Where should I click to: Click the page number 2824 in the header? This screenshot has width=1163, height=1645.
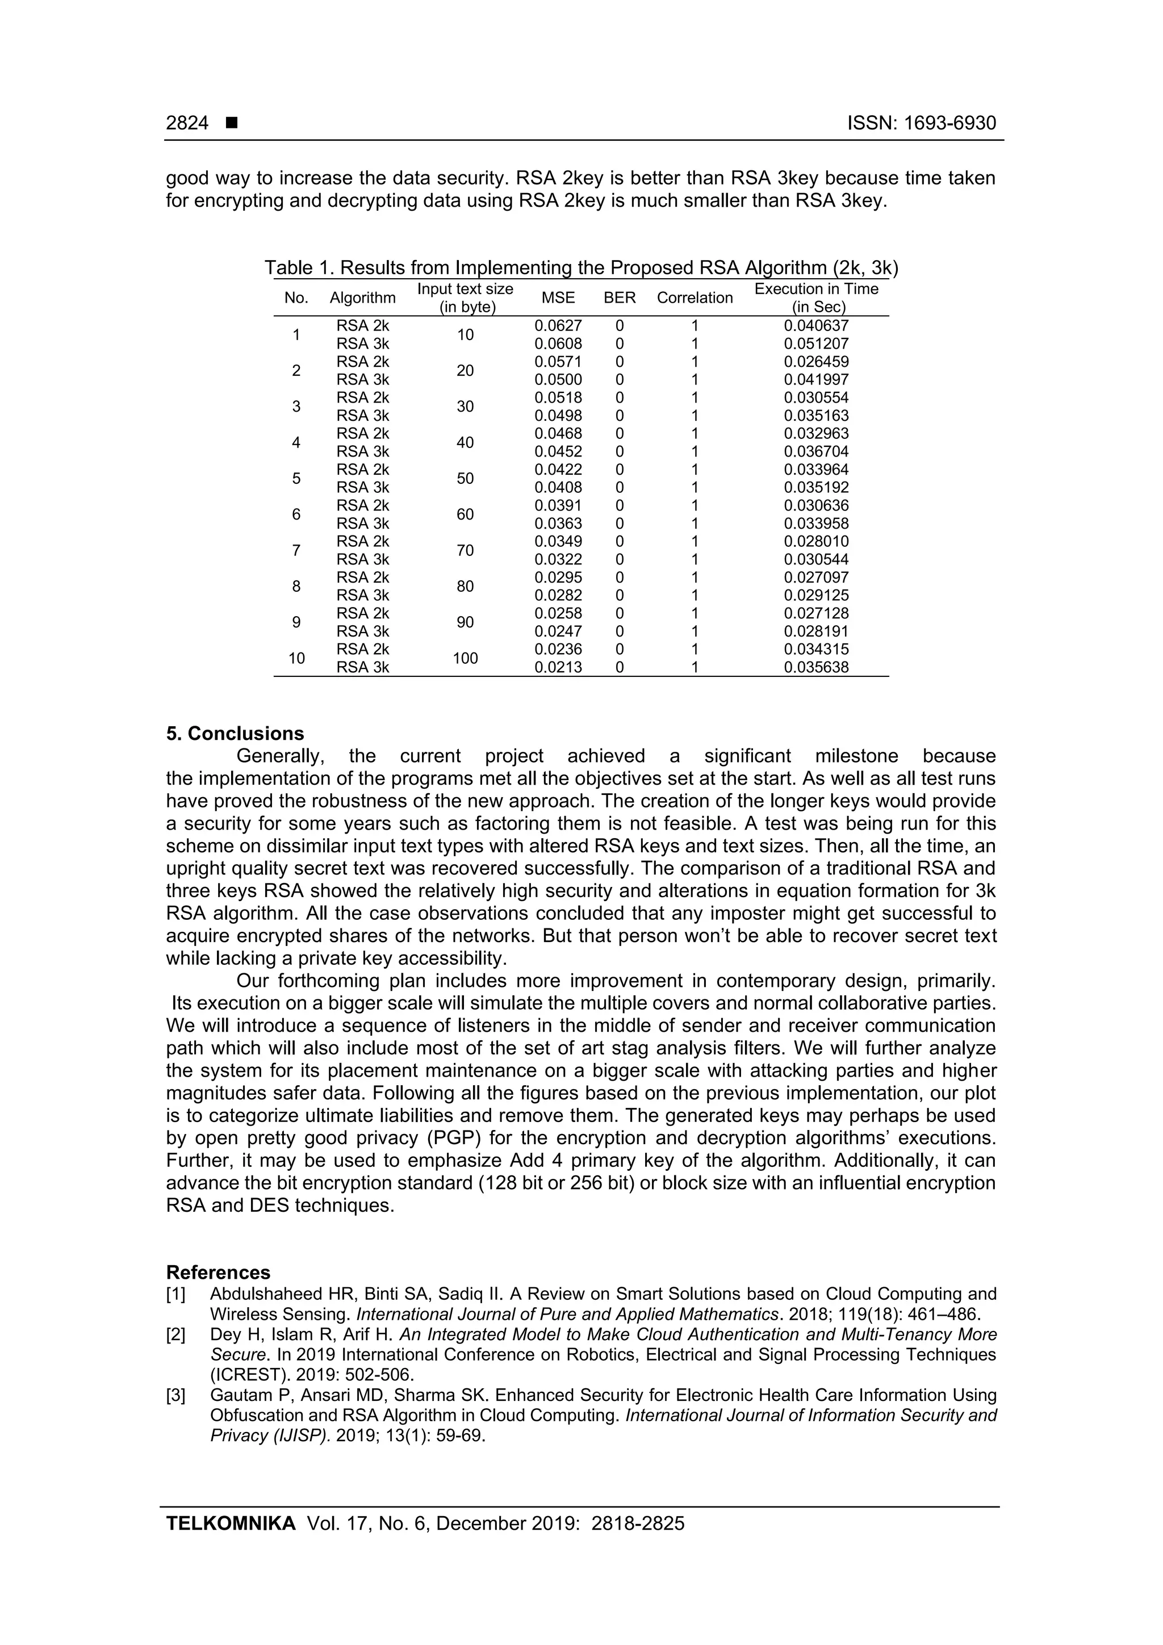(187, 123)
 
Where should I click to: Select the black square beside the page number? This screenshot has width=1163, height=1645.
(232, 123)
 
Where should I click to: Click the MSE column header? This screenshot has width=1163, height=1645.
(558, 298)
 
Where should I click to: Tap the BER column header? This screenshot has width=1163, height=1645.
(620, 298)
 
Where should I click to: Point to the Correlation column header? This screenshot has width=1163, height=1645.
(695, 298)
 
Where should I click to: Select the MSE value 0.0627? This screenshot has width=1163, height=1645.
(558, 326)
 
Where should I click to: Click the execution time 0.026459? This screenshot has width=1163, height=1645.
(815, 362)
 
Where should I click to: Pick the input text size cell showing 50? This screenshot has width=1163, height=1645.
(465, 479)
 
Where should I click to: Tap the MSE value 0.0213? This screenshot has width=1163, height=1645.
(558, 668)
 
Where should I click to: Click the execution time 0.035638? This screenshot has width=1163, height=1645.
(815, 668)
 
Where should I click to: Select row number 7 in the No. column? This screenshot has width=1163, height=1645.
(296, 550)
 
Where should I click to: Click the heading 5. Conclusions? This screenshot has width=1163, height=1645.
(235, 734)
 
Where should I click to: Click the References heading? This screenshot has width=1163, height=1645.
(218, 1273)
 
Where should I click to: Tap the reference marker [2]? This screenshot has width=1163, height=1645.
(175, 1335)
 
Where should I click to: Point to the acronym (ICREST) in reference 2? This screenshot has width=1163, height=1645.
(244, 1375)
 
